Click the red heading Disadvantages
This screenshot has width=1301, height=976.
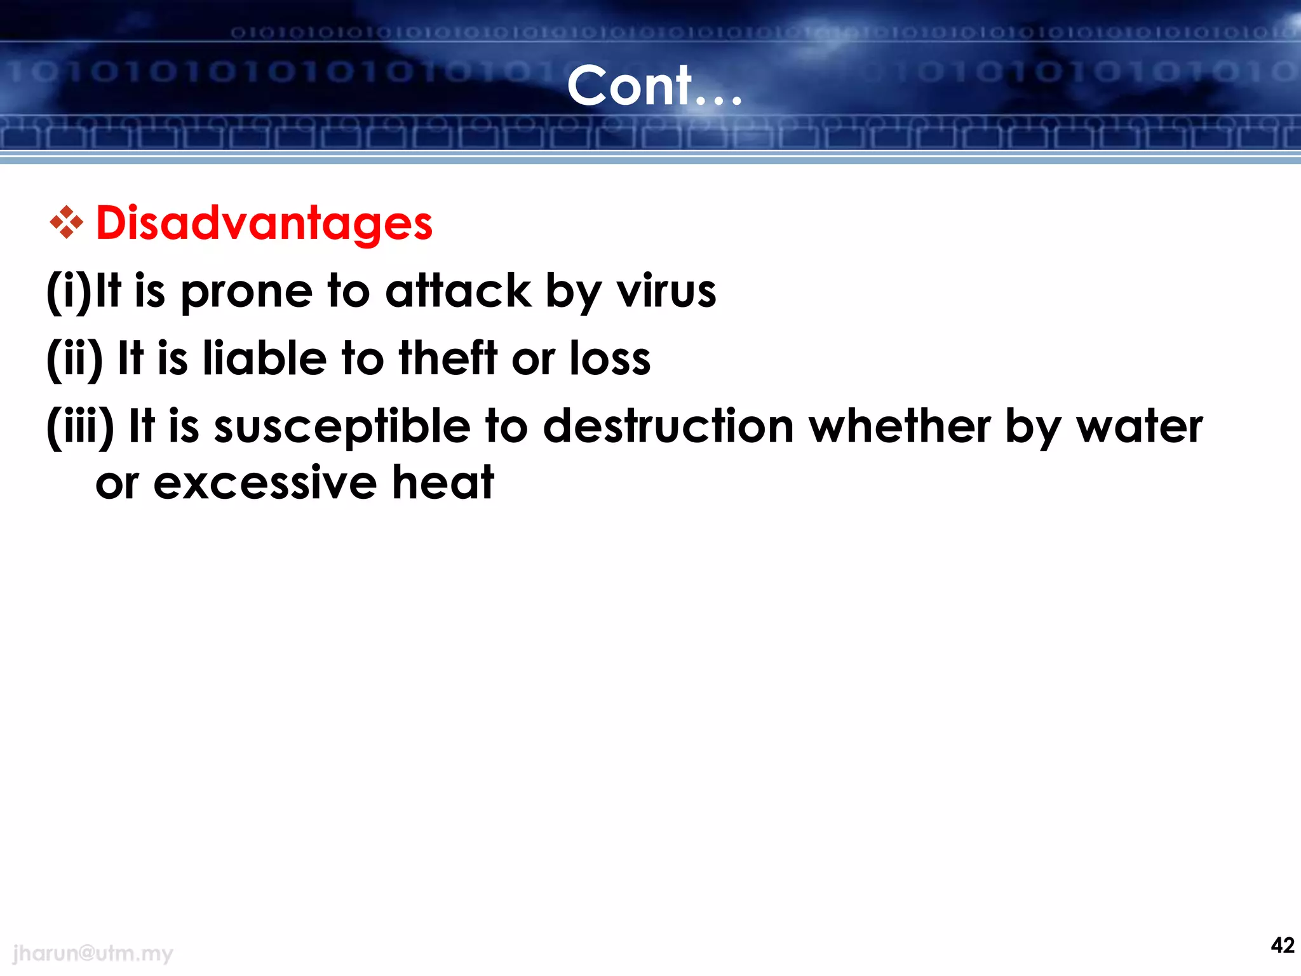coord(264,224)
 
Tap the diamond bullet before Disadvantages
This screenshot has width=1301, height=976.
coord(66,222)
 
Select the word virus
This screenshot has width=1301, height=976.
coord(666,292)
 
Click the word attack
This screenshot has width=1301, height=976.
coord(458,292)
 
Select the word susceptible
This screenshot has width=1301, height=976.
coord(342,427)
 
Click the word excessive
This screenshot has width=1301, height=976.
coord(265,483)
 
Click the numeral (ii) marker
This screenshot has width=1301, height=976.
coord(74,359)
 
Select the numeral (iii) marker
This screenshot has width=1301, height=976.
coord(80,427)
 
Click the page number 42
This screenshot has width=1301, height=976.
coord(1283,945)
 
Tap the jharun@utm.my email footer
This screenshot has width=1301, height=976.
coord(93,953)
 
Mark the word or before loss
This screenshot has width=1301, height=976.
coord(533,360)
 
